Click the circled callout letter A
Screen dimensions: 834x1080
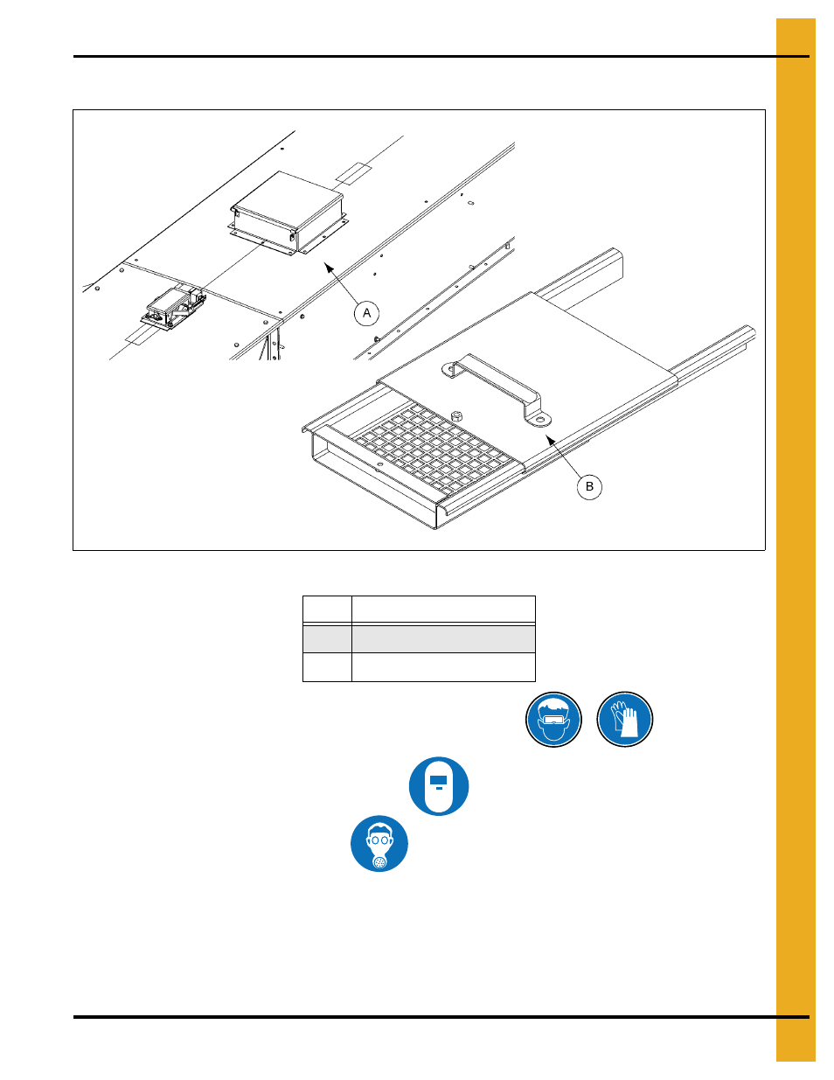(x=366, y=313)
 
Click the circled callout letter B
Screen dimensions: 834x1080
(x=589, y=486)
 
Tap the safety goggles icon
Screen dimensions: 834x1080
(x=553, y=719)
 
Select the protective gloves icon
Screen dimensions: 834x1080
(x=624, y=719)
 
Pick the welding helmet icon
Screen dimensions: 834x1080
(x=439, y=786)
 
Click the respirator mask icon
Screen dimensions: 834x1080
(x=379, y=843)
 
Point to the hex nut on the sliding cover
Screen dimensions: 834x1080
(x=456, y=415)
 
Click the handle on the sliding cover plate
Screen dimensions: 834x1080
(x=497, y=389)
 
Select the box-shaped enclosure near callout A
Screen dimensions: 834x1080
(x=288, y=213)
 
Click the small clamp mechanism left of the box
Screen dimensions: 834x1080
(x=174, y=308)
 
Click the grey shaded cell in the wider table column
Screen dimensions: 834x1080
(x=443, y=639)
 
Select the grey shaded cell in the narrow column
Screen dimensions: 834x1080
(x=327, y=639)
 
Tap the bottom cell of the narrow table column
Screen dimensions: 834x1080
(x=327, y=667)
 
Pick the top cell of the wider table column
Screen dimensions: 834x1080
(x=443, y=609)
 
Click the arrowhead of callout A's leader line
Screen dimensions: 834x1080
(x=329, y=268)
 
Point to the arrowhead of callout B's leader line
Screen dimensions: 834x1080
(x=550, y=439)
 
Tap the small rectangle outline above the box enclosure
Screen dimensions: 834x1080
(x=353, y=172)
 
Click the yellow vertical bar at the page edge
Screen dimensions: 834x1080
(x=796, y=540)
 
